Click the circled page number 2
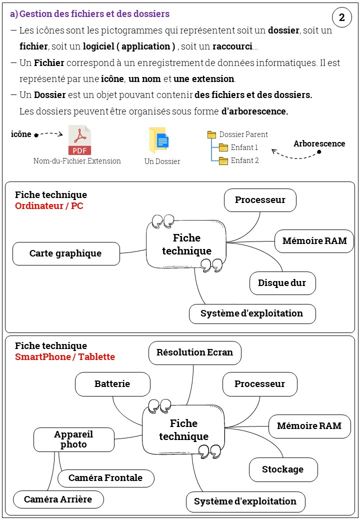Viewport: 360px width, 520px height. pos(341,18)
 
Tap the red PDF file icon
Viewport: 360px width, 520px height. pos(79,140)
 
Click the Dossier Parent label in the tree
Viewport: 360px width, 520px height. pos(243,134)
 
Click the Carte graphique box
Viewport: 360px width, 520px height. pos(66,253)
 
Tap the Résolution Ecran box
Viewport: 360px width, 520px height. pos(194,352)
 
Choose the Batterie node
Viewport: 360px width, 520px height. pos(112,384)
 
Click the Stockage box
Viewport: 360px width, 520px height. pos(283,469)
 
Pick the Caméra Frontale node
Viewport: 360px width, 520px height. pos(105,478)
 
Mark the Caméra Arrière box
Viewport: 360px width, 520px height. pos(58,499)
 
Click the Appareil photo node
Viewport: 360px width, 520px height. pos(73,439)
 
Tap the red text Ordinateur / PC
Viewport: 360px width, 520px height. pos(49,205)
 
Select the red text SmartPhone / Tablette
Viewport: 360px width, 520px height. pos(65,356)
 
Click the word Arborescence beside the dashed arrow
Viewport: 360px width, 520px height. pos(319,144)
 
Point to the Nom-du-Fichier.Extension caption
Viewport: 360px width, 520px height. pos(77,161)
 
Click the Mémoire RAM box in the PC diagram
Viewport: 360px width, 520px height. pos(314,241)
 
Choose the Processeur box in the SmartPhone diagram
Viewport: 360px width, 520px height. pos(259,384)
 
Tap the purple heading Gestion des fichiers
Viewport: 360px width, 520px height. pos(94,14)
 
